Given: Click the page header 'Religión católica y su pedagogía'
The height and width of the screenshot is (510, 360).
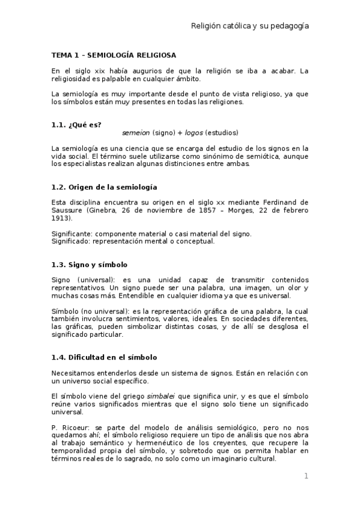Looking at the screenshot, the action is [249, 26].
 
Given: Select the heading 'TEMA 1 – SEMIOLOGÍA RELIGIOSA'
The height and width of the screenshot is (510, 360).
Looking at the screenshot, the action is [105, 55].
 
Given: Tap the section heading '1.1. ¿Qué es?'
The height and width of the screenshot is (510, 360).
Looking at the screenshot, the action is [76, 124].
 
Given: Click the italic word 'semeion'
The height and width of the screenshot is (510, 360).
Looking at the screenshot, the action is [136, 132].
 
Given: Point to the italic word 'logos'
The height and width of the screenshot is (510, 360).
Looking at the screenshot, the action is [194, 132].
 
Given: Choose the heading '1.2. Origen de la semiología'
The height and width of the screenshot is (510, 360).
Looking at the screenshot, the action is [104, 186].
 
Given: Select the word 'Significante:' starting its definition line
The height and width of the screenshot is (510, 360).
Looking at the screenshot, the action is [72, 233].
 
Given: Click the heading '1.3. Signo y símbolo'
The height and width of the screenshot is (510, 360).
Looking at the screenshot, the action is [90, 265].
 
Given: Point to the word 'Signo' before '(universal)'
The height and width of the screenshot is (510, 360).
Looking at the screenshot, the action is [61, 280].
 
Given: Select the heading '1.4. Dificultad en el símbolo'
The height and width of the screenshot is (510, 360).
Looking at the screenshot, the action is [104, 357].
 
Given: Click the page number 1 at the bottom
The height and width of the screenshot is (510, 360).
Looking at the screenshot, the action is [306, 476].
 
